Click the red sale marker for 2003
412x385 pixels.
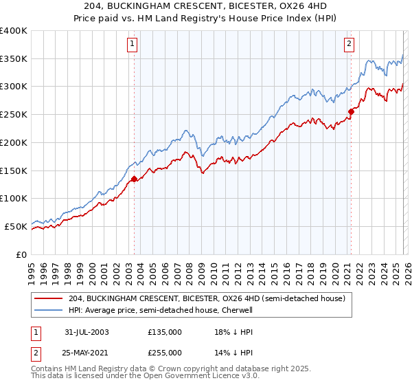coord(134,179)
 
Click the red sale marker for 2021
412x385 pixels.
coord(351,111)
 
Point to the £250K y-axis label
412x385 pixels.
coord(14,114)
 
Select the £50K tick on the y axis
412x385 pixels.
coord(16,226)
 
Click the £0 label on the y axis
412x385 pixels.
coord(22,254)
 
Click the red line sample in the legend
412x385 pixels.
coord(49,299)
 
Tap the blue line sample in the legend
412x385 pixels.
coord(49,310)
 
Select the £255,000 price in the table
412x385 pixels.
coord(165,352)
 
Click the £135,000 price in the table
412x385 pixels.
coord(165,332)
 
